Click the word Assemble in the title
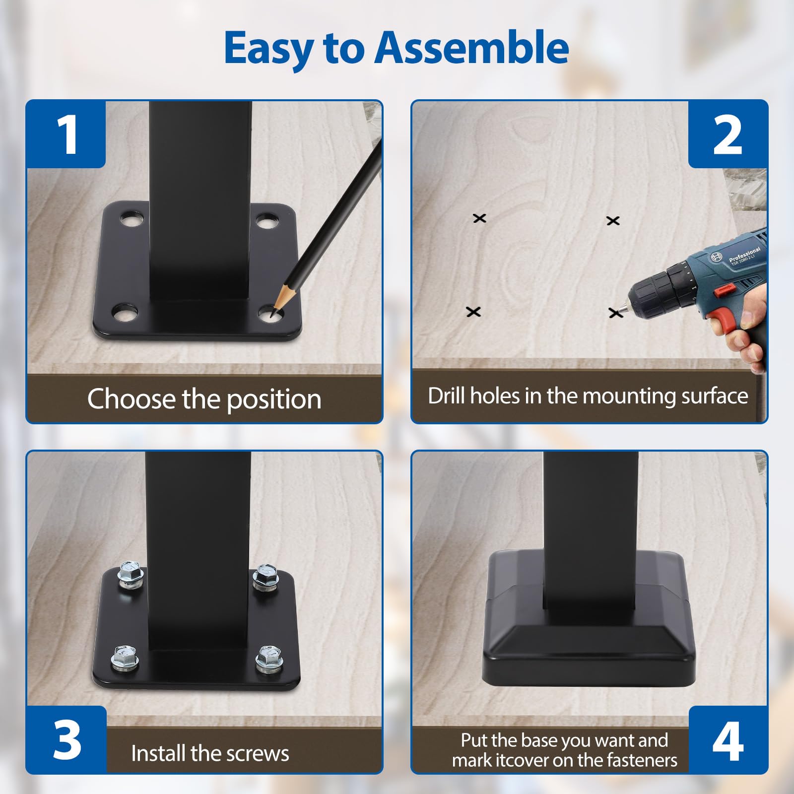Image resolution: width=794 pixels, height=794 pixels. point(471,48)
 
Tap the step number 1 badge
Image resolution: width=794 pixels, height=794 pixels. point(66,134)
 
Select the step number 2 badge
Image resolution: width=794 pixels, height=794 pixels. point(727,134)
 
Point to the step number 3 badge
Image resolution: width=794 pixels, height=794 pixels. point(66,739)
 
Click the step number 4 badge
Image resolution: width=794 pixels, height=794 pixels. point(728,739)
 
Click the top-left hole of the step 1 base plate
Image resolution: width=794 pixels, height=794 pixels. point(131,219)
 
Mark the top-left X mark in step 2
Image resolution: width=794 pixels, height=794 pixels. point(479,218)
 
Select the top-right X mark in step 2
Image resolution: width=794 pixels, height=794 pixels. point(613,220)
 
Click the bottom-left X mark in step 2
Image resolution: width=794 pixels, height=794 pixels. point(473,312)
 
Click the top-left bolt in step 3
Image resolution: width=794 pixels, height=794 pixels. point(131,576)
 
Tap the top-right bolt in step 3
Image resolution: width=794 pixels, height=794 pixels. point(266,578)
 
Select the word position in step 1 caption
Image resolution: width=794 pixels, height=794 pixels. point(274,399)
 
